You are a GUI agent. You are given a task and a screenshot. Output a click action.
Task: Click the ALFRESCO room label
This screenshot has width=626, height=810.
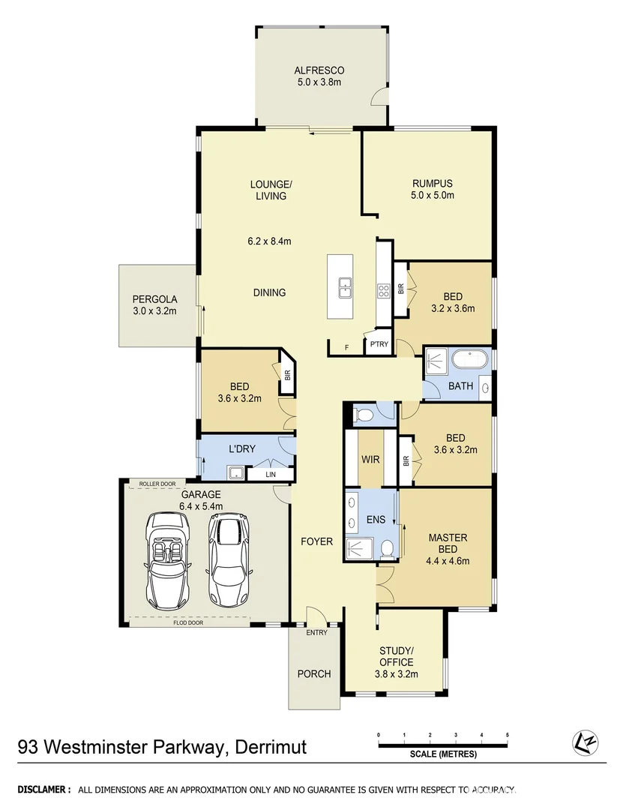tap(319, 71)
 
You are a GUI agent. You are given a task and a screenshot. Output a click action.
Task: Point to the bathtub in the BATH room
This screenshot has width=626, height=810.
tap(469, 361)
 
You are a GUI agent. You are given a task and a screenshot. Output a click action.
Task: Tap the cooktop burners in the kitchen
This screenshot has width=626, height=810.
tap(382, 291)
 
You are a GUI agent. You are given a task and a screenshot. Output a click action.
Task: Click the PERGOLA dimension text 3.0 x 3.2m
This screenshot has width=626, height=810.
tap(155, 310)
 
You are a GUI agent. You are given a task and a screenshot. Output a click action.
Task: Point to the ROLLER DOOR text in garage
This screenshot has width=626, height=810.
tap(157, 484)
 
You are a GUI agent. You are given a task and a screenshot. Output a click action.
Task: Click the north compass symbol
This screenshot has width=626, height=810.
tap(586, 742)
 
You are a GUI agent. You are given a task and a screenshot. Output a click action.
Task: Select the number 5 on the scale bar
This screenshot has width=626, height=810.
tap(507, 734)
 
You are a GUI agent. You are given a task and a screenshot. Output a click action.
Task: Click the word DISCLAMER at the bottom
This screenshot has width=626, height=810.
tap(43, 790)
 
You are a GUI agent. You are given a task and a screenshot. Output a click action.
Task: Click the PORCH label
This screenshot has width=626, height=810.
tap(314, 673)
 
